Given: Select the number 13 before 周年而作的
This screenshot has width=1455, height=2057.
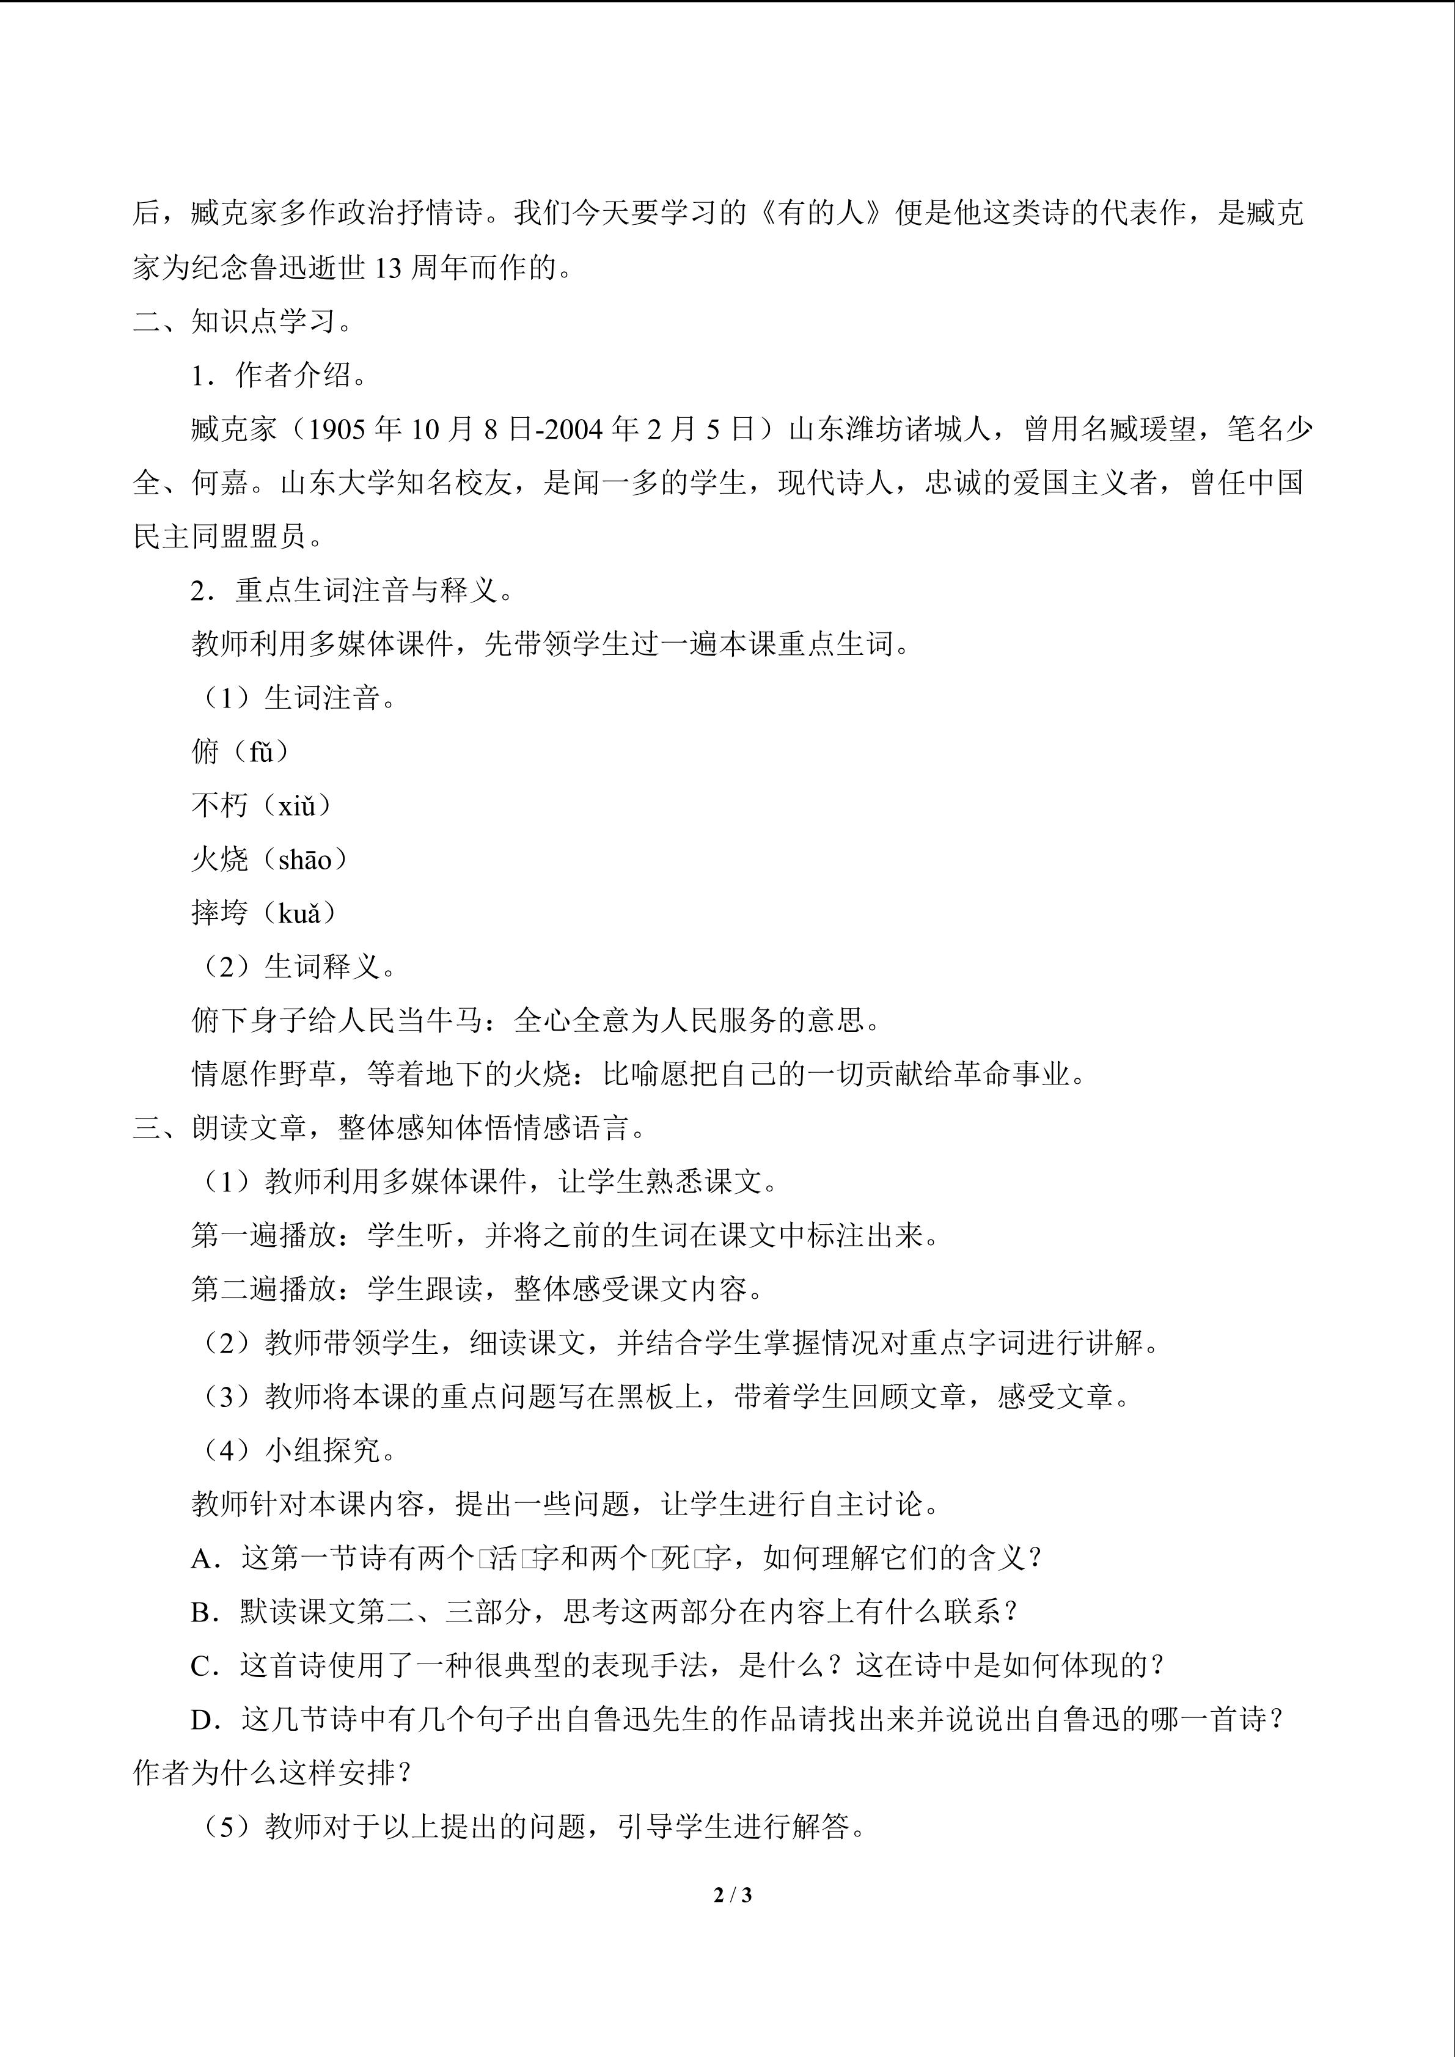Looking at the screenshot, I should (387, 268).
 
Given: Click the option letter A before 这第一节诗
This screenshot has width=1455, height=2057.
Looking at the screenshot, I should (205, 1559).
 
